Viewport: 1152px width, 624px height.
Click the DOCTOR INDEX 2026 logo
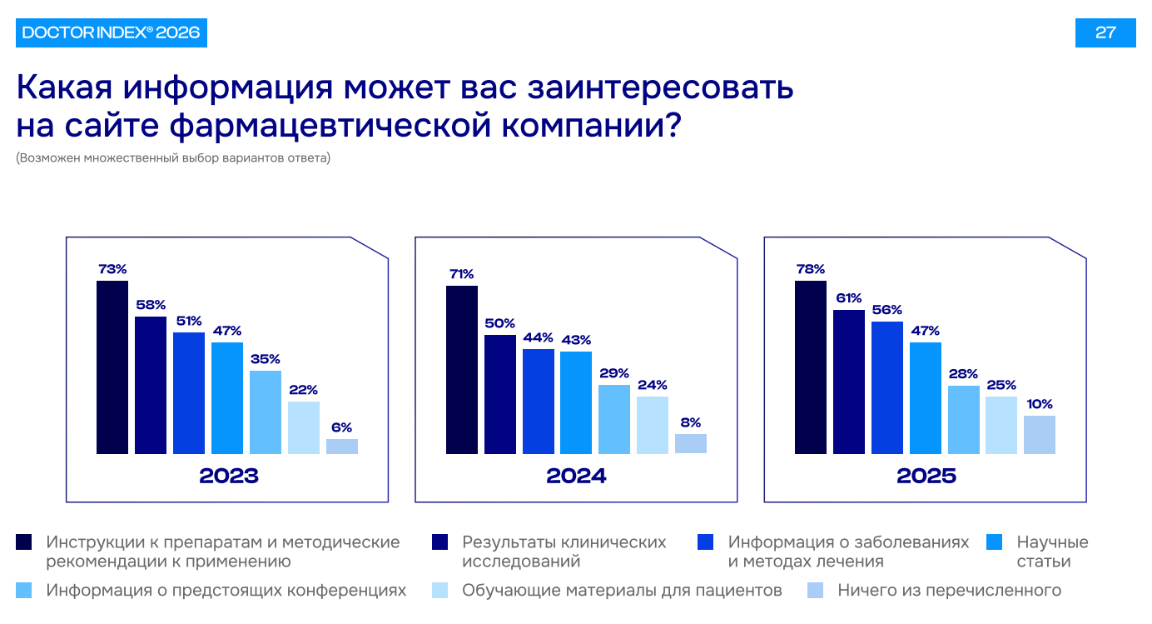tap(111, 32)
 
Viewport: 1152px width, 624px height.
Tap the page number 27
tap(1105, 32)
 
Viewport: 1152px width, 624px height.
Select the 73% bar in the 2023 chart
tap(112, 367)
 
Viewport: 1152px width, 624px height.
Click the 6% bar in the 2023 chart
tap(342, 447)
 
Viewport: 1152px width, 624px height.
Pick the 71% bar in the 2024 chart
tap(462, 370)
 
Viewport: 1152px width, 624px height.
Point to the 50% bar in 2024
tap(500, 394)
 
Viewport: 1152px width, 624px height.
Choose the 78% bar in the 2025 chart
tap(811, 367)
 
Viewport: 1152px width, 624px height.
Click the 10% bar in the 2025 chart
tap(1040, 435)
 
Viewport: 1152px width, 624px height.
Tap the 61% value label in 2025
tap(849, 298)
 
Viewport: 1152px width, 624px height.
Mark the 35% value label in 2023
tap(266, 359)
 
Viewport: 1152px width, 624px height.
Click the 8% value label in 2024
tap(691, 422)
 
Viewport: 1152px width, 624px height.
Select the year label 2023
tap(229, 477)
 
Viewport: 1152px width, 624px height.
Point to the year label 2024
tap(576, 477)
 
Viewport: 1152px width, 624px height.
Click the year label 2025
tap(926, 477)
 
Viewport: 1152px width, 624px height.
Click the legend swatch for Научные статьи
tap(993, 542)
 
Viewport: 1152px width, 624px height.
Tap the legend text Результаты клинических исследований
tap(564, 552)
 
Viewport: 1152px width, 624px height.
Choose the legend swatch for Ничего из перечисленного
tap(816, 591)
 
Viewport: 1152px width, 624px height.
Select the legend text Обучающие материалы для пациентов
tap(622, 591)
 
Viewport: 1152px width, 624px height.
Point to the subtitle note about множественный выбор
tap(173, 157)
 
